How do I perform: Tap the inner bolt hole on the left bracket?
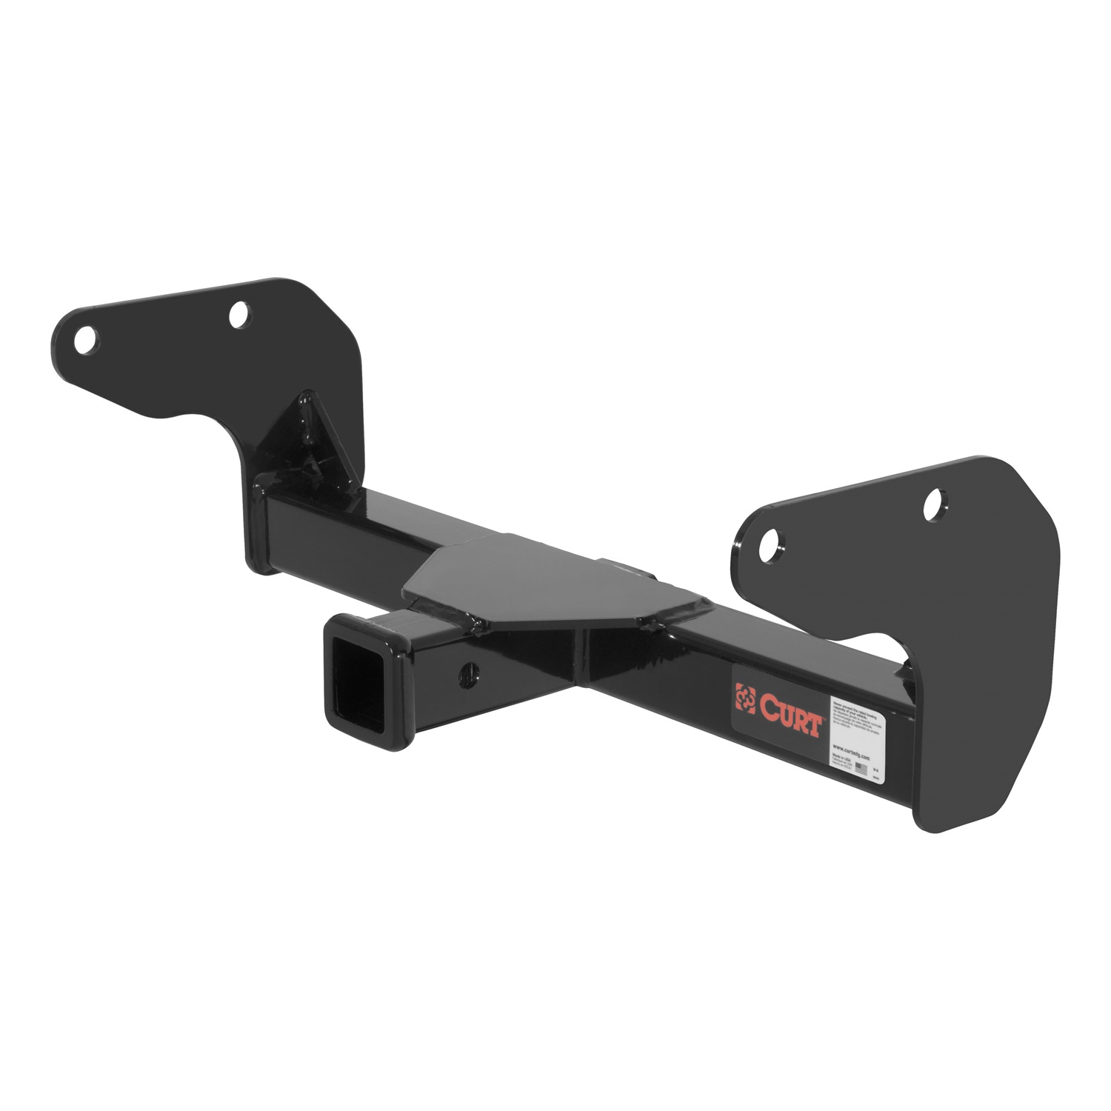click(x=238, y=316)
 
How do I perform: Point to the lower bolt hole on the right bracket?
click(x=772, y=538)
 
